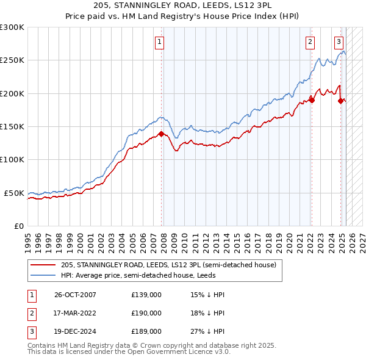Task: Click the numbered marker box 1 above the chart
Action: pyautogui.click(x=159, y=42)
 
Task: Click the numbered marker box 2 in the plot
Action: pyautogui.click(x=310, y=42)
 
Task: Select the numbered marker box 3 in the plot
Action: pyautogui.click(x=339, y=42)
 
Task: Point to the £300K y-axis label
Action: pyautogui.click(x=12, y=27)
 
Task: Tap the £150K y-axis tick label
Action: pyautogui.click(x=12, y=127)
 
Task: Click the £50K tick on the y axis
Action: pyautogui.click(x=14, y=193)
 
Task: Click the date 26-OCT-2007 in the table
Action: pyautogui.click(x=76, y=295)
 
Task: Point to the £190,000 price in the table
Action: pyautogui.click(x=146, y=314)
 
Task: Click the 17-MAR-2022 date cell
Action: pyautogui.click(x=76, y=314)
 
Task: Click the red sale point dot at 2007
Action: pyautogui.click(x=161, y=134)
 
